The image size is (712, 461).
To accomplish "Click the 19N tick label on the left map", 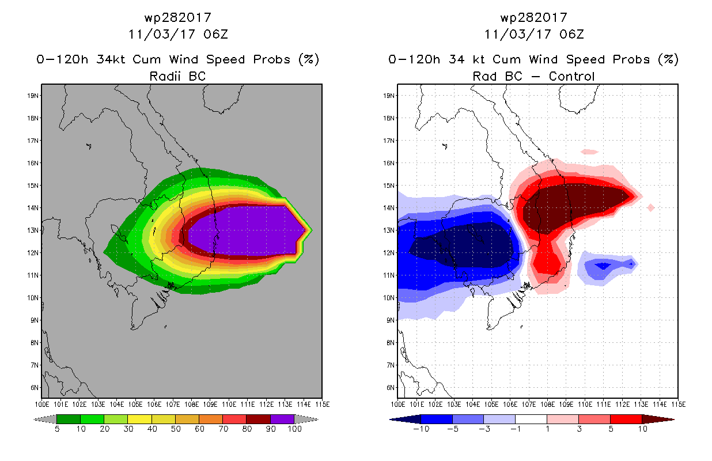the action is coord(33,96).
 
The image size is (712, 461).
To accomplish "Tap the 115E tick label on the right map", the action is coord(679,405).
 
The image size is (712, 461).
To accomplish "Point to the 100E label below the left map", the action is coord(42,405).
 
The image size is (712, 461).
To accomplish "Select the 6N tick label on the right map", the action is coord(390,388).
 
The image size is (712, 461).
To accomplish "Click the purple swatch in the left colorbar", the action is coord(282,419).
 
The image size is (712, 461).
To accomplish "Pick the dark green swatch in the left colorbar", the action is coord(69,419).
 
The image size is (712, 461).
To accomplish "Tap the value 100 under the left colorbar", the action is coord(294,429).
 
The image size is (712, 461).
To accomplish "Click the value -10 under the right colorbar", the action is coord(421,429).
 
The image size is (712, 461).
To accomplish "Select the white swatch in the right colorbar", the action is coord(531,419).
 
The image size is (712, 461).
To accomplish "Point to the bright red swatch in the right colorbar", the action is coord(626,419).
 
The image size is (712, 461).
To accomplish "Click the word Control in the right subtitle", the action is coord(571,76).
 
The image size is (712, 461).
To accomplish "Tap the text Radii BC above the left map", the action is coord(177,76).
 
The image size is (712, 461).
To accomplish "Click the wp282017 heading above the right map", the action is coord(534,18).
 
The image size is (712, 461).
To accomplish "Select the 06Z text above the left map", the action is coord(216,35).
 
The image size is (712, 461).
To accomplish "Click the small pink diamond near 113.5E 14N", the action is coord(651,207).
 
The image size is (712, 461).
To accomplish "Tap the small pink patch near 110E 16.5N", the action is coord(589,152).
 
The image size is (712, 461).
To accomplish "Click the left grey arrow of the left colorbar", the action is coord(45,419).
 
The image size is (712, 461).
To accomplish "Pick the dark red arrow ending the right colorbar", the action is coord(658,419).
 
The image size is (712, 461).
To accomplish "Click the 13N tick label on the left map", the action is coord(33,231).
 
